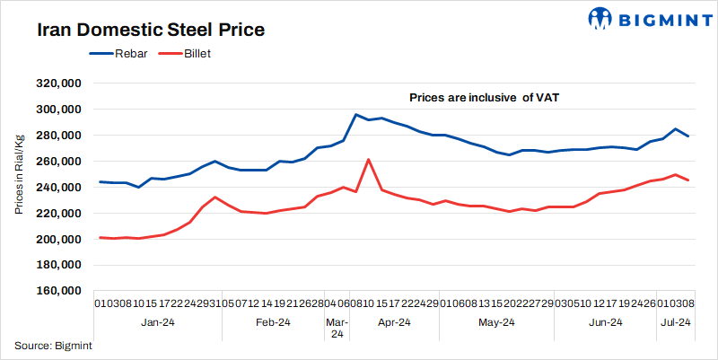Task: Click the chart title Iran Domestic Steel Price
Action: coord(151,30)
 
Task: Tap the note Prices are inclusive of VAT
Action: coord(485,96)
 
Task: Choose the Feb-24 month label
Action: coord(273,322)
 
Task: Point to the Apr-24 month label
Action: coord(393,322)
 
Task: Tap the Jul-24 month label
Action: coord(675,322)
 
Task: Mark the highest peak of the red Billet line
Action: coord(369,159)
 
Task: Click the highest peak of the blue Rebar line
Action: coord(356,115)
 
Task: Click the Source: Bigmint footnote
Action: coord(54,345)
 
